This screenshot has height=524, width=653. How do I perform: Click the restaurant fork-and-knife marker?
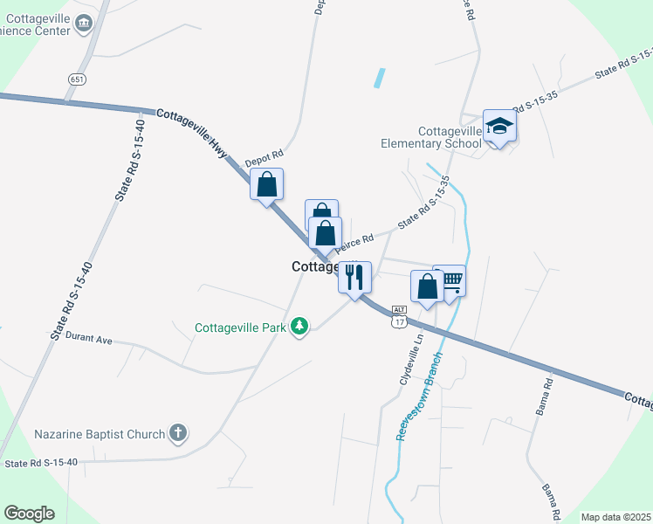pyautogui.click(x=354, y=278)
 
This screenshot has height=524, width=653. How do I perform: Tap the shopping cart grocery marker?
pyautogui.click(x=450, y=281)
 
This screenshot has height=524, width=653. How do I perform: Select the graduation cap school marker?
pyautogui.click(x=500, y=127)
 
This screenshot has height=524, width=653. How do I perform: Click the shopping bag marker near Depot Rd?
pyautogui.click(x=266, y=184)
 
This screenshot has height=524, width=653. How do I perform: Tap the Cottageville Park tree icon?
pyautogui.click(x=300, y=327)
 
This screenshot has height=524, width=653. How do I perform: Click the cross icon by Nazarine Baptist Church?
pyautogui.click(x=177, y=433)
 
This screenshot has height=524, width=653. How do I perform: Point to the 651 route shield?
pyautogui.click(x=77, y=79)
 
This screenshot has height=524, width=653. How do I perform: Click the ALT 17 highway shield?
pyautogui.click(x=399, y=317)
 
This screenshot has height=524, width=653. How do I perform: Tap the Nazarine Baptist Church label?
pyautogui.click(x=99, y=434)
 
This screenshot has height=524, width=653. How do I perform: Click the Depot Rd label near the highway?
pyautogui.click(x=264, y=158)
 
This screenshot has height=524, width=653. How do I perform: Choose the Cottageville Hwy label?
pyautogui.click(x=191, y=134)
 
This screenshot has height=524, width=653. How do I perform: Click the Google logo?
pyautogui.click(x=29, y=514)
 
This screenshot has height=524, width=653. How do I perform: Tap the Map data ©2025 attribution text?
pyautogui.click(x=615, y=517)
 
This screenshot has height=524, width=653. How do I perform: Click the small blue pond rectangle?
pyautogui.click(x=379, y=79)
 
